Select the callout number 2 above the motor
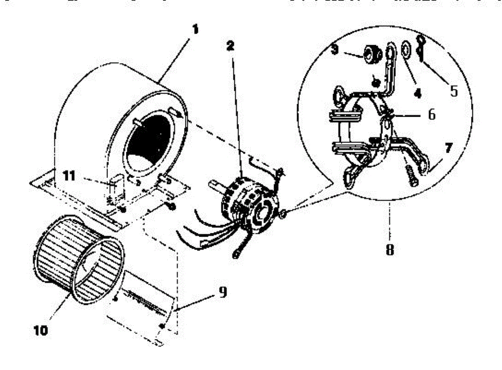click(230, 46)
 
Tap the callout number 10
click(41, 330)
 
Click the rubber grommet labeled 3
click(371, 53)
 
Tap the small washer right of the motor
click(283, 214)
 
